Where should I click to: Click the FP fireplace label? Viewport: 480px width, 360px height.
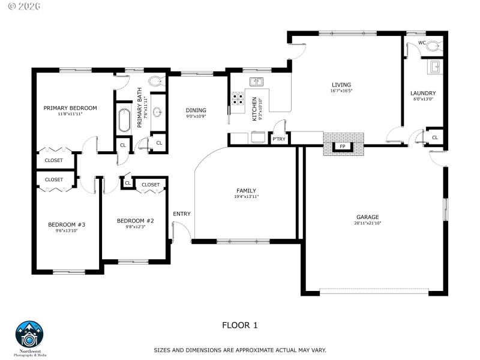coord(343,146)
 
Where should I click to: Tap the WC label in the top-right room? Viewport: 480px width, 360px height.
coord(422,43)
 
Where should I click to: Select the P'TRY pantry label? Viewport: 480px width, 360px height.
coord(278,139)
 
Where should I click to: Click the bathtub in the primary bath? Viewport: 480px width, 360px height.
coord(124,119)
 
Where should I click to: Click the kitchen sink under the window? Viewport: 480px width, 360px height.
coord(257,82)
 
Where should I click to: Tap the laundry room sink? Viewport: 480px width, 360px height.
coord(436,67)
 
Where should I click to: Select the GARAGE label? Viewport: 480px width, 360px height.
coord(367,217)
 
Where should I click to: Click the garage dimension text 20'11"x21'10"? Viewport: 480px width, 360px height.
coord(367,223)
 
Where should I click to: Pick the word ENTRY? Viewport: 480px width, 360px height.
coord(182,214)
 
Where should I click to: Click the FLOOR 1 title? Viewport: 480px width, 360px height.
coord(239,325)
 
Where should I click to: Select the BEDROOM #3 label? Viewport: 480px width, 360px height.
coord(67,225)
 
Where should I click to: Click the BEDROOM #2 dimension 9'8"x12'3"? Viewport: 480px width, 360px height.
coord(135,227)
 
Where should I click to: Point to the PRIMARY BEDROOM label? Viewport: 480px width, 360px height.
coord(70,108)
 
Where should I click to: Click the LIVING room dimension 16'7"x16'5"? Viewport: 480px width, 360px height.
coord(341,91)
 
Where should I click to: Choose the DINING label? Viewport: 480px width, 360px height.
coord(196,110)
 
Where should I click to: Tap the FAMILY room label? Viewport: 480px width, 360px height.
coord(246,190)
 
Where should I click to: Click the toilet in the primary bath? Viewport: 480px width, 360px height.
coord(155,82)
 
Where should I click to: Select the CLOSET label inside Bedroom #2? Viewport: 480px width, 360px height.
coord(151,185)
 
